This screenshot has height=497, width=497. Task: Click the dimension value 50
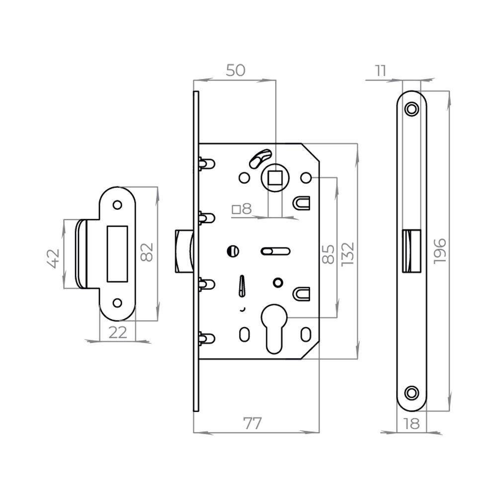(236, 71)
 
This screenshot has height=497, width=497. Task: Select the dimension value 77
(252, 424)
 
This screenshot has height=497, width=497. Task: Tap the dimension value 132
(347, 253)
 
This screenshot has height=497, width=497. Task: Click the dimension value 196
(440, 251)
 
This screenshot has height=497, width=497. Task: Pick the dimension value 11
(380, 71)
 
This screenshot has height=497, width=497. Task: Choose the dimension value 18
(412, 424)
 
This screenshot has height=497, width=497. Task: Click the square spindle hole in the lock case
(274, 177)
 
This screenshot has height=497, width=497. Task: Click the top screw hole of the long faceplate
(411, 109)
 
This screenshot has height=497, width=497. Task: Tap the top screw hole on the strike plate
(118, 204)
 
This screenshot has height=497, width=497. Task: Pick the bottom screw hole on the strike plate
(118, 302)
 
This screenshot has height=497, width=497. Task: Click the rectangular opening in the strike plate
(118, 252)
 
